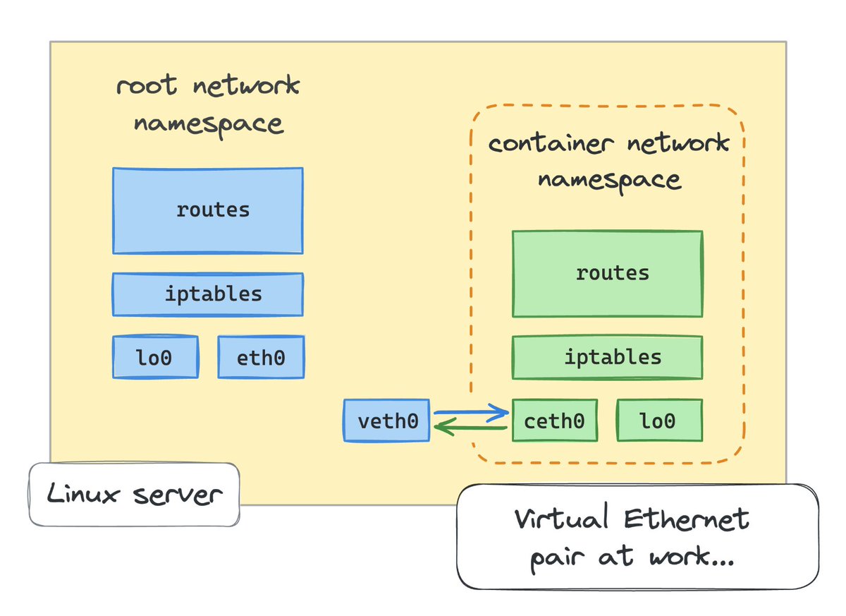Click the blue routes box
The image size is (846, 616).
click(208, 210)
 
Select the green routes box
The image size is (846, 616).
click(607, 273)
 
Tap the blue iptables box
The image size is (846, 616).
click(208, 294)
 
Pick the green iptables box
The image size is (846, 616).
click(607, 357)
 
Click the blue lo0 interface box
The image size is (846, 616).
click(155, 358)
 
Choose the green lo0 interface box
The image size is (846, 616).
click(659, 421)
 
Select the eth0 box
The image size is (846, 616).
click(261, 358)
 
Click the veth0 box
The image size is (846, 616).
click(386, 421)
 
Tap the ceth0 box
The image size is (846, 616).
click(555, 421)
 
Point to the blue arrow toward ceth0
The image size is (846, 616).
click(471, 412)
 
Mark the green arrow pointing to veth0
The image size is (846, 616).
click(471, 428)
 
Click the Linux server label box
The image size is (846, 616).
click(134, 495)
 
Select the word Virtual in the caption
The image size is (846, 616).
click(561, 521)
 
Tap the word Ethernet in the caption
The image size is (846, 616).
click(687, 521)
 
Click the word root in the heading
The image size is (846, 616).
click(146, 87)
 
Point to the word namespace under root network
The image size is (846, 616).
click(208, 124)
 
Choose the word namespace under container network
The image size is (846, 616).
click(609, 180)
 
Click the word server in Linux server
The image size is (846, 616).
click(177, 495)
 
